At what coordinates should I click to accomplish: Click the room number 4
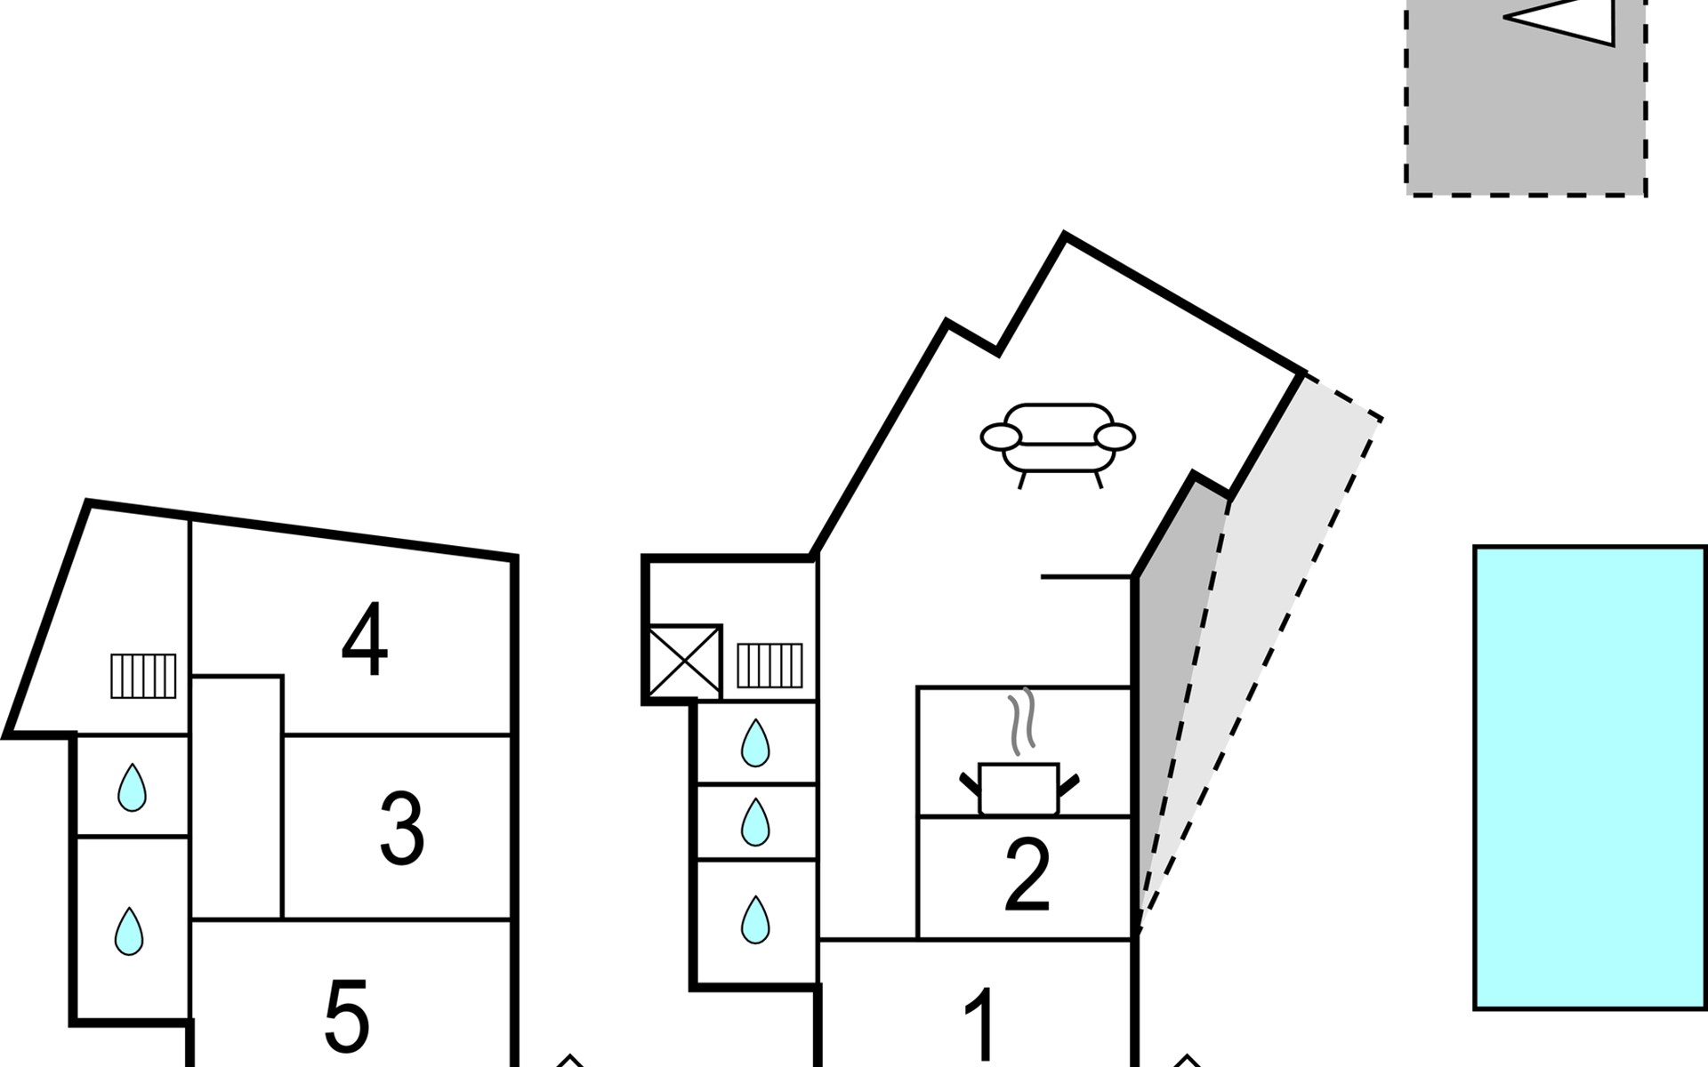click(x=365, y=640)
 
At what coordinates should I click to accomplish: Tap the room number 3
click(x=402, y=829)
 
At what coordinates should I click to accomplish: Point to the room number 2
click(x=1027, y=876)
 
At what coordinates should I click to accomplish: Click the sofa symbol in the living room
click(x=1058, y=441)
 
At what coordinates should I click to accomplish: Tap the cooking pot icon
click(x=1019, y=788)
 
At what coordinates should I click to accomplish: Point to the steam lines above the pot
click(x=1021, y=720)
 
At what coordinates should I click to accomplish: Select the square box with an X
click(x=685, y=662)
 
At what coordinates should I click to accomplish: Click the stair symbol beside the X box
click(x=769, y=666)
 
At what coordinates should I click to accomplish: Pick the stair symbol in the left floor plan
click(x=143, y=676)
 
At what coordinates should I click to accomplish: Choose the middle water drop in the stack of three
click(x=755, y=822)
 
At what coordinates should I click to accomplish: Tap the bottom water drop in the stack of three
click(x=755, y=919)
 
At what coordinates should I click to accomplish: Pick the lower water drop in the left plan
click(x=129, y=931)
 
